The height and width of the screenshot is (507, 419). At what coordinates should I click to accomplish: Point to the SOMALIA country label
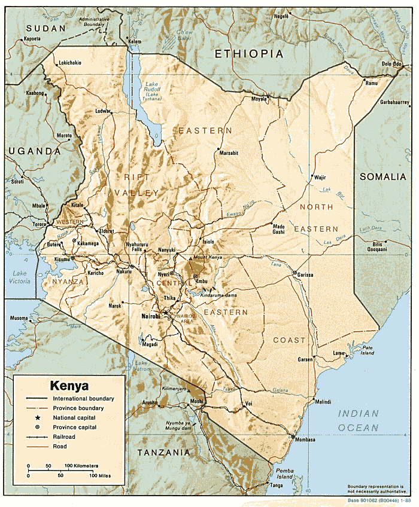pyautogui.click(x=384, y=176)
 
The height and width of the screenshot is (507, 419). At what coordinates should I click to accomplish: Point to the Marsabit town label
pyautogui.click(x=229, y=153)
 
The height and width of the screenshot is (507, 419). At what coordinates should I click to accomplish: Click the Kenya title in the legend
pyautogui.click(x=69, y=386)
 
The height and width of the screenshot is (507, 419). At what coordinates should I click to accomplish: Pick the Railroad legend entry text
pyautogui.click(x=65, y=437)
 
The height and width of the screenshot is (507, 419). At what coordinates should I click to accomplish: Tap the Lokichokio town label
pyautogui.click(x=71, y=63)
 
